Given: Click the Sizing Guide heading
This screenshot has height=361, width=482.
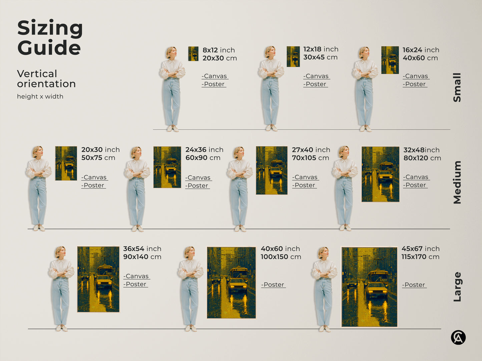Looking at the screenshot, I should tap(50, 38).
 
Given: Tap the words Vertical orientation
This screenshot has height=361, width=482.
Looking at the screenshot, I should tap(46, 79).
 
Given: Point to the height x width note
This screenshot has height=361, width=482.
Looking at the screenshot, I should tap(40, 97).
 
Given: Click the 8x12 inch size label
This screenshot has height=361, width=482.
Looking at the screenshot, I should tap(218, 50).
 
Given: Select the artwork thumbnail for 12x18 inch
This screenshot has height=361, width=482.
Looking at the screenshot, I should tap(293, 57).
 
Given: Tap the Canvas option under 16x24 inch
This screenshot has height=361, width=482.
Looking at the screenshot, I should tap(416, 76).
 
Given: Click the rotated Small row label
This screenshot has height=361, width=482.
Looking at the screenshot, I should tap(457, 88).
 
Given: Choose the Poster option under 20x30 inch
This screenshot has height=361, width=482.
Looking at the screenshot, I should tap(93, 185).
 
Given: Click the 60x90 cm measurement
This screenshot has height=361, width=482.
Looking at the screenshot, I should tap(203, 158).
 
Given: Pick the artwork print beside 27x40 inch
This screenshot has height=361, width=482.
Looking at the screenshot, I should tap(272, 171).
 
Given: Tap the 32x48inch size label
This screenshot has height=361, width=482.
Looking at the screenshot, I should tap(421, 150).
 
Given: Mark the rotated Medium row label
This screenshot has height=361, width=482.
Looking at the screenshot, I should tap(457, 182).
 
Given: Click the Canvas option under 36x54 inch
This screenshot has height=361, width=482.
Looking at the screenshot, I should tap(136, 276).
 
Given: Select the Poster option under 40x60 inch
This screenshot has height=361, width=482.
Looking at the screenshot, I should tap(273, 285).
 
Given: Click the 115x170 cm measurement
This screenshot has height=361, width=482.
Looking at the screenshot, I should tap(420, 257).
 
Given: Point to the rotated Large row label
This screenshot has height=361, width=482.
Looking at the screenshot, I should tap(457, 287).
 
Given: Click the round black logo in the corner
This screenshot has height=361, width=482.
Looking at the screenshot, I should tap(458, 337).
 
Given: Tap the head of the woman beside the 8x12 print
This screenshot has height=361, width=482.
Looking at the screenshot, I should tap(171, 52).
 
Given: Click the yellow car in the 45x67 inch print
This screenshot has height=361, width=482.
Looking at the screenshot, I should tap(377, 291).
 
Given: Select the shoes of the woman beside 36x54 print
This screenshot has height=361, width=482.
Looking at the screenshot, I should tap(62, 328).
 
